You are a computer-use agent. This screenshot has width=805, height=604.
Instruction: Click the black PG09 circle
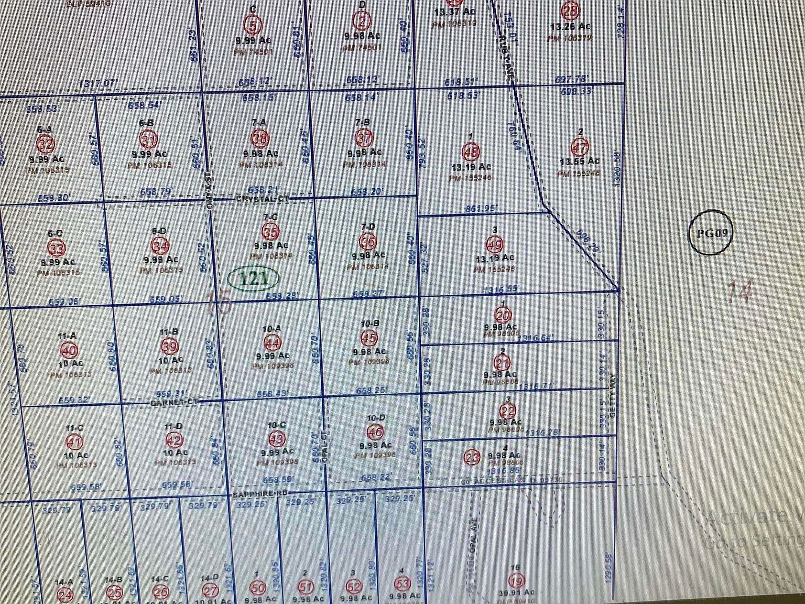[710, 233]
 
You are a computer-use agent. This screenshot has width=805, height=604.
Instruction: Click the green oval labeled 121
[254, 278]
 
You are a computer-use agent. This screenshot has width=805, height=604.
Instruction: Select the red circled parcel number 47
[581, 147]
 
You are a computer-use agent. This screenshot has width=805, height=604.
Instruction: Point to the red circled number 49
[495, 244]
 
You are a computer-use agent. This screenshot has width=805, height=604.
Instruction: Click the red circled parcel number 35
[270, 231]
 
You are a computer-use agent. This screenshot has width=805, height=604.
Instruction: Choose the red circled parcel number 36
[368, 241]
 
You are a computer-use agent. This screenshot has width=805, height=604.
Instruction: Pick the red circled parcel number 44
[273, 343]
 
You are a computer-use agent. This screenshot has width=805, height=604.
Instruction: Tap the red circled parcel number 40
[70, 350]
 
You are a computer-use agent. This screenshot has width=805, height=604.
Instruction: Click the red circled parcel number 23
[472, 458]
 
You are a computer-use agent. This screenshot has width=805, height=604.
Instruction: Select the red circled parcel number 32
[45, 144]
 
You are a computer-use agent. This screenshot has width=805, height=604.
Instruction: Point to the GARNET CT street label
[173, 402]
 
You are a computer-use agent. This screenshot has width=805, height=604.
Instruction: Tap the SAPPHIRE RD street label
[260, 494]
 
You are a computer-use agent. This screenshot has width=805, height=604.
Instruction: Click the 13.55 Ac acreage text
[579, 161]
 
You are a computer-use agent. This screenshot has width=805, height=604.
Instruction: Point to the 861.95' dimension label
[481, 209]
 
